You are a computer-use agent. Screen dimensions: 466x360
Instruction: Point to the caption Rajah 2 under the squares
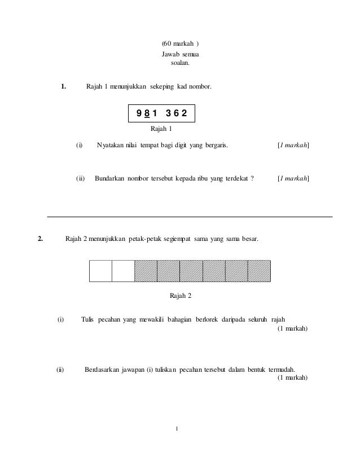click(x=180, y=296)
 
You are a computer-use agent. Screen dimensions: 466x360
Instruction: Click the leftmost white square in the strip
click(x=100, y=271)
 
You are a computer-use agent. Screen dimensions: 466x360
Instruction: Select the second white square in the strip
click(x=123, y=271)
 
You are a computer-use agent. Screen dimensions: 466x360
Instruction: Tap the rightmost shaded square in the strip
click(x=259, y=271)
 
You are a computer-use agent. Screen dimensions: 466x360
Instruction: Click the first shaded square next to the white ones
click(x=146, y=271)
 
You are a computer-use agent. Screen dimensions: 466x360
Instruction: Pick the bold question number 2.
click(x=40, y=239)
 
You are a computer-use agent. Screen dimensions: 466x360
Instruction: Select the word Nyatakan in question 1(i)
click(x=111, y=146)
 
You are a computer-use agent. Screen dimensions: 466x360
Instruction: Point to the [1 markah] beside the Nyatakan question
click(x=293, y=146)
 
